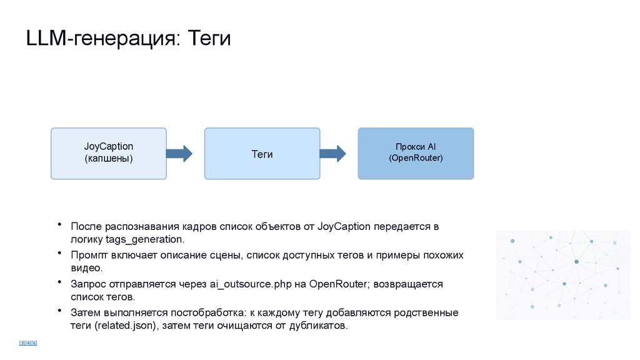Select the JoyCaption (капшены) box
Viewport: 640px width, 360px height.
(x=109, y=153)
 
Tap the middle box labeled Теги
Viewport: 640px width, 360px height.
(x=262, y=154)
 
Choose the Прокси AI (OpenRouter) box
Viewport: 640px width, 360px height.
(x=416, y=153)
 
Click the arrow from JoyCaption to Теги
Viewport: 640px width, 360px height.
(x=179, y=153)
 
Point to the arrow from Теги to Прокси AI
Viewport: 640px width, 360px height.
(x=332, y=153)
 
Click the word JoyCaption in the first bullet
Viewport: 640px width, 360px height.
(x=344, y=226)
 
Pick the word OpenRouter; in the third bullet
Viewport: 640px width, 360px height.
(x=339, y=284)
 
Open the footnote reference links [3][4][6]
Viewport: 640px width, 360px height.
(x=28, y=342)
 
